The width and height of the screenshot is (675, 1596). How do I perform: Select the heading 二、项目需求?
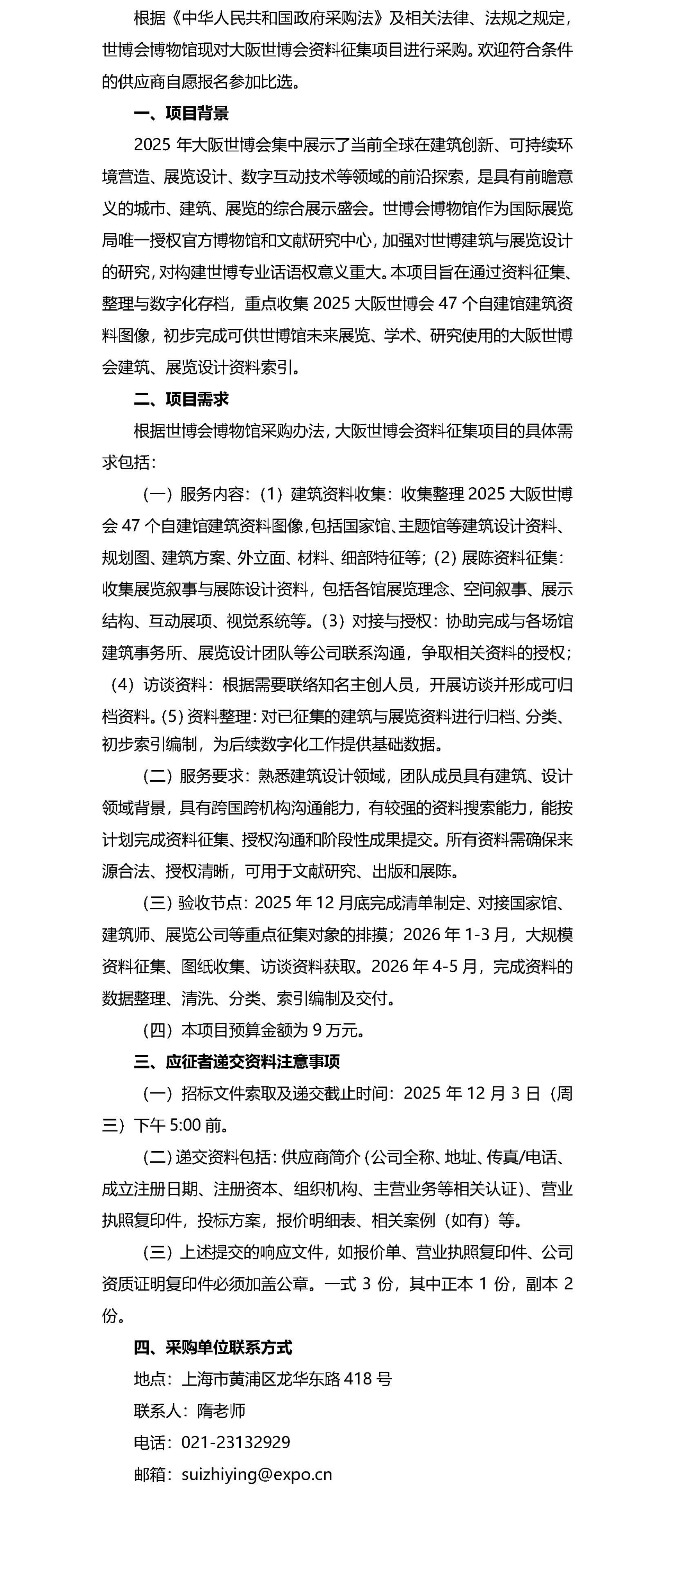coord(181,399)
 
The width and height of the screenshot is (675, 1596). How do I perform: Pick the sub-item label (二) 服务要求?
coord(194,776)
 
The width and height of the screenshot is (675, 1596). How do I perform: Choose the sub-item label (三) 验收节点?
coord(194,903)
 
